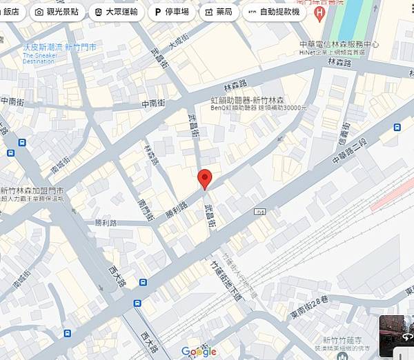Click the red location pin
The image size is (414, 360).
(204, 178)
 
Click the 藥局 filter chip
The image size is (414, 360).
(220, 12)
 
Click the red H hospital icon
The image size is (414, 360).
(319, 13)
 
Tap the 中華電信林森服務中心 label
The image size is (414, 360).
(339, 43)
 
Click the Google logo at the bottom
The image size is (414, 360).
(199, 352)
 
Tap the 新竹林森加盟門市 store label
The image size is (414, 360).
(32, 190)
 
